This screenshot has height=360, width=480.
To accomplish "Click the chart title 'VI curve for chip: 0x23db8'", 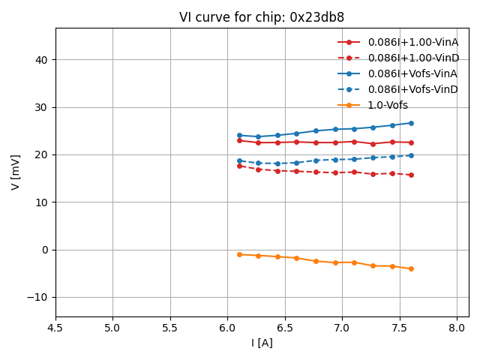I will (x=262, y=17).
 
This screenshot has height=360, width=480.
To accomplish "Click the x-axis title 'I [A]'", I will (x=262, y=343).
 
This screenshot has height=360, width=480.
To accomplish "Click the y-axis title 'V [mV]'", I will (x=16, y=172).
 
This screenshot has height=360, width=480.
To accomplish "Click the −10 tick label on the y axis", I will (x=37, y=297).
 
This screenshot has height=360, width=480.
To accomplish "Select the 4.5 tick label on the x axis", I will (x=55, y=328).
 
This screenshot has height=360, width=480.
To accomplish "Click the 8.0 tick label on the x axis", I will (x=457, y=328).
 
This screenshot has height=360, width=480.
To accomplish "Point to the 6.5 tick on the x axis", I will (x=285, y=328).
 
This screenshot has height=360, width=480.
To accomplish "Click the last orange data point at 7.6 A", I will (x=411, y=268).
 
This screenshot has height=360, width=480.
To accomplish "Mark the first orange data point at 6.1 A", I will (x=239, y=254).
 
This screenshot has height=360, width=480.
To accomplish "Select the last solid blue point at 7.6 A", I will (x=411, y=123).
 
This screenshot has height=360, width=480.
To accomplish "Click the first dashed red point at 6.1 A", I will (x=239, y=166).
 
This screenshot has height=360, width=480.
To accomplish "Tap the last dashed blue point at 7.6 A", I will (x=411, y=155).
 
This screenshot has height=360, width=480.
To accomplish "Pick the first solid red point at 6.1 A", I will (x=239, y=140).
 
